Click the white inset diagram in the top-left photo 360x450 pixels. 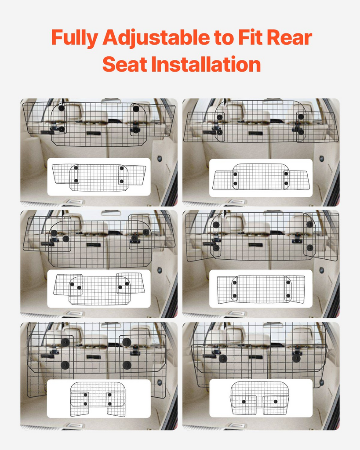pos(99,177)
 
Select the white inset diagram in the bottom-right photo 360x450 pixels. pos(261,398)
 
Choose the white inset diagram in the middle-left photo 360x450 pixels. pos(99,289)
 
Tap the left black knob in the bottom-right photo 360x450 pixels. pos(223,358)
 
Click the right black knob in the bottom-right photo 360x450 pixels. pos(297,358)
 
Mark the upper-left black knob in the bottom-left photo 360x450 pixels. pos(65,342)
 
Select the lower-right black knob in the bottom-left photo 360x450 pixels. pos(127,365)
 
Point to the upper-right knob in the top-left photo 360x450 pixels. pos(135,109)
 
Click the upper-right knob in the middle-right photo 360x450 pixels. pos(309,224)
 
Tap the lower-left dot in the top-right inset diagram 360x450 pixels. pos(235,183)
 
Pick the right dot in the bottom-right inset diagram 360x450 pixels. pos(276,402)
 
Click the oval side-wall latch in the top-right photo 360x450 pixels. pos(321,159)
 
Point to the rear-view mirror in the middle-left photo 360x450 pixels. pos(111,213)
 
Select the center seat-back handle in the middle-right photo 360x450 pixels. pos(255,245)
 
